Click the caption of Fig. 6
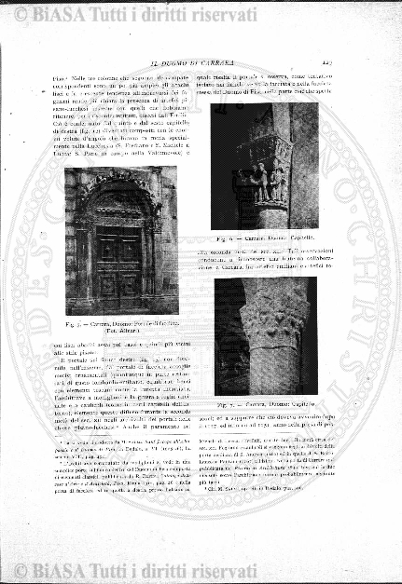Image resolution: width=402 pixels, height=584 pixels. [x=274, y=238]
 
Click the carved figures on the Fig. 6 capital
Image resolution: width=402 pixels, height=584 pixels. [x=269, y=172]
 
